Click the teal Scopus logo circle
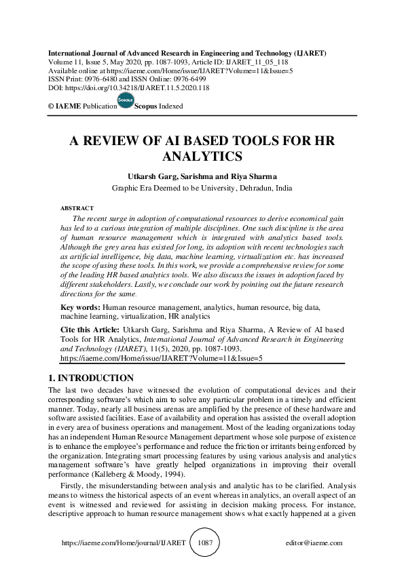[x=126, y=100]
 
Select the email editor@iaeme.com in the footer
[x=314, y=543]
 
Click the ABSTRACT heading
[x=77, y=208]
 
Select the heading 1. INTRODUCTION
[x=91, y=378]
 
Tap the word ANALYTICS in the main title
[x=203, y=157]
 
